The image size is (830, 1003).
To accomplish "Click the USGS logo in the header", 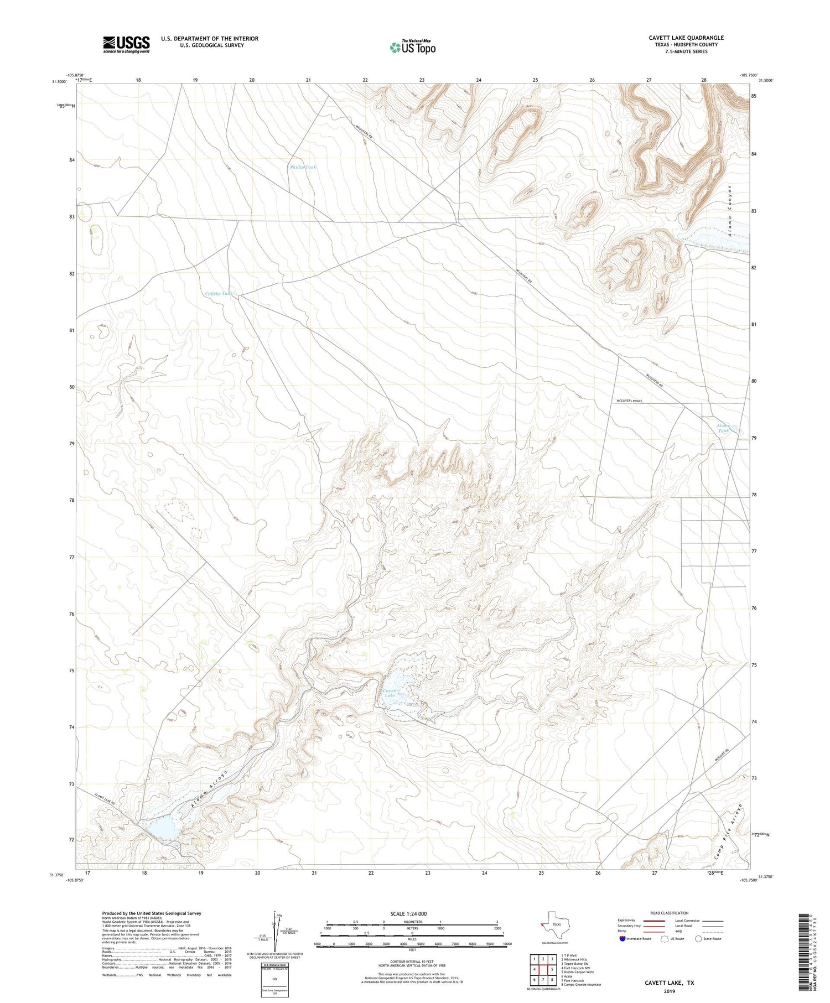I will point(126,44).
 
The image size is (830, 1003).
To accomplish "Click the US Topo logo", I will point(412,48).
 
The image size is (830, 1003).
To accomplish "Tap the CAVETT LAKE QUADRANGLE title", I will point(686,38).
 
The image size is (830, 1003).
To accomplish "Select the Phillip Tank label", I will point(303,167).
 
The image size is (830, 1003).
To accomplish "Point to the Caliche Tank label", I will point(219,294).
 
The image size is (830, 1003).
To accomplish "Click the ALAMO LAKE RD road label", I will point(104,799).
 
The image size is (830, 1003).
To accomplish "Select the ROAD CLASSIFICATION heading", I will point(669,913).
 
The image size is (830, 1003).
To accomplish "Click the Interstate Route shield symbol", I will point(623,939).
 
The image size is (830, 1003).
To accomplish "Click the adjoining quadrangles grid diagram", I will point(543,970).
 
